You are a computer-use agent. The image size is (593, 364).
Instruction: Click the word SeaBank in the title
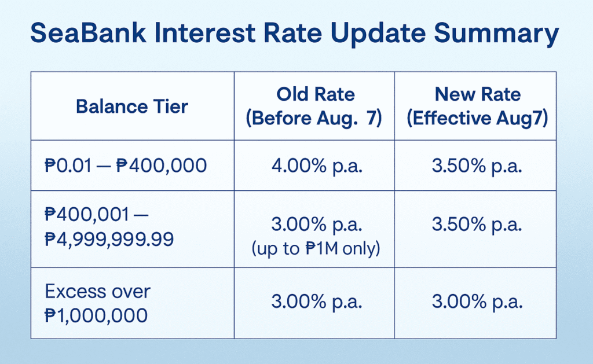(x=88, y=33)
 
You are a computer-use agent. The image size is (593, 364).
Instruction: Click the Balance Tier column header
(x=132, y=106)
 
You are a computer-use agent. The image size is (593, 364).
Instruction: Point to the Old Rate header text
(x=316, y=94)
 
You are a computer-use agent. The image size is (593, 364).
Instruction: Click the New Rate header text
(x=478, y=94)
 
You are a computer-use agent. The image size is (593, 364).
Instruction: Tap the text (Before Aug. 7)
(x=314, y=118)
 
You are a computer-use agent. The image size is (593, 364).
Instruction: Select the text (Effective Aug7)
(x=477, y=118)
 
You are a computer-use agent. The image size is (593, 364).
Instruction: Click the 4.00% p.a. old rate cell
(x=317, y=166)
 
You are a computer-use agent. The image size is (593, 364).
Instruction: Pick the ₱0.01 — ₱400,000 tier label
(x=126, y=166)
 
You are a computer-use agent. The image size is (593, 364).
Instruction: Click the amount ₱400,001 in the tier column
(x=87, y=214)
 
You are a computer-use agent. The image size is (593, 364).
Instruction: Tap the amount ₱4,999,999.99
(x=109, y=239)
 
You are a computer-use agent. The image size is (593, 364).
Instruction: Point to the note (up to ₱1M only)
(x=316, y=249)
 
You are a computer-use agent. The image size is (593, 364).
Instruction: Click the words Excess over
(x=97, y=292)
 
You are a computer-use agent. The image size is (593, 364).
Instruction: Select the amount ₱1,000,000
(x=96, y=315)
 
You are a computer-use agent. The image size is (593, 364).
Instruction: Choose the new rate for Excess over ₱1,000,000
(x=477, y=302)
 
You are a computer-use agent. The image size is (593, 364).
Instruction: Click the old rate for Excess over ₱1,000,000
(x=317, y=302)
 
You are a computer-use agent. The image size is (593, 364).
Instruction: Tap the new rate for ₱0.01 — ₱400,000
(x=477, y=166)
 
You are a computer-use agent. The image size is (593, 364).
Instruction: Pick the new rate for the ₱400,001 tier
(x=477, y=225)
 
